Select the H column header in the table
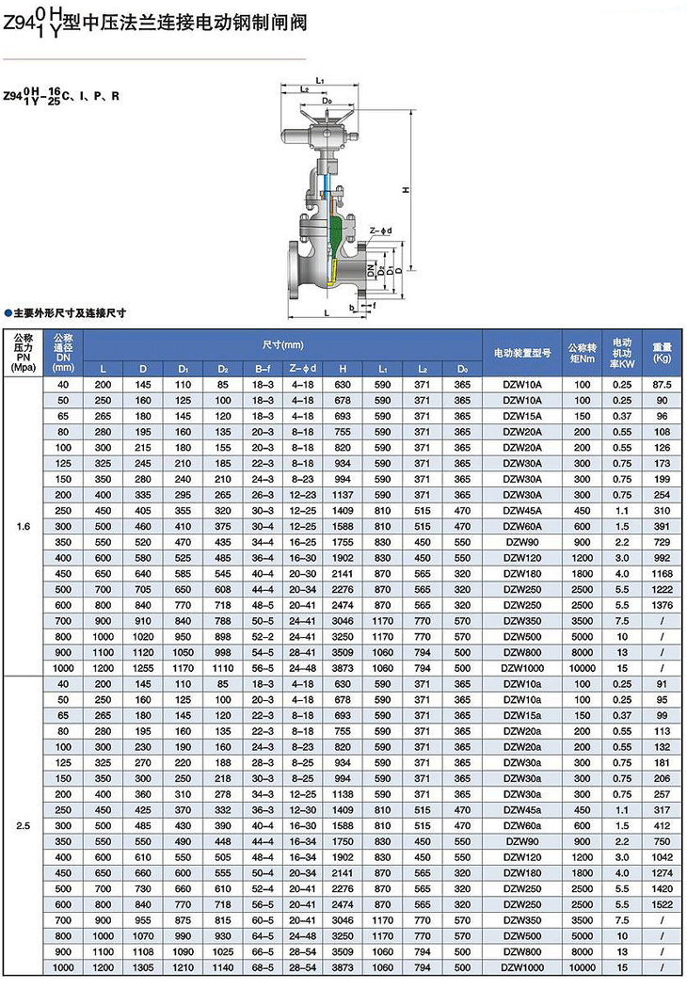click(x=343, y=368)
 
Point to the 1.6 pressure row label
click(x=24, y=527)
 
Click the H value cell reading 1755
click(x=343, y=543)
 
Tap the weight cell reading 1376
click(x=662, y=604)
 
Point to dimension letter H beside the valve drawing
click(x=404, y=189)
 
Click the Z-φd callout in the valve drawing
click(x=380, y=230)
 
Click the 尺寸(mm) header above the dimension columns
click(x=282, y=343)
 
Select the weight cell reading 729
click(x=662, y=543)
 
